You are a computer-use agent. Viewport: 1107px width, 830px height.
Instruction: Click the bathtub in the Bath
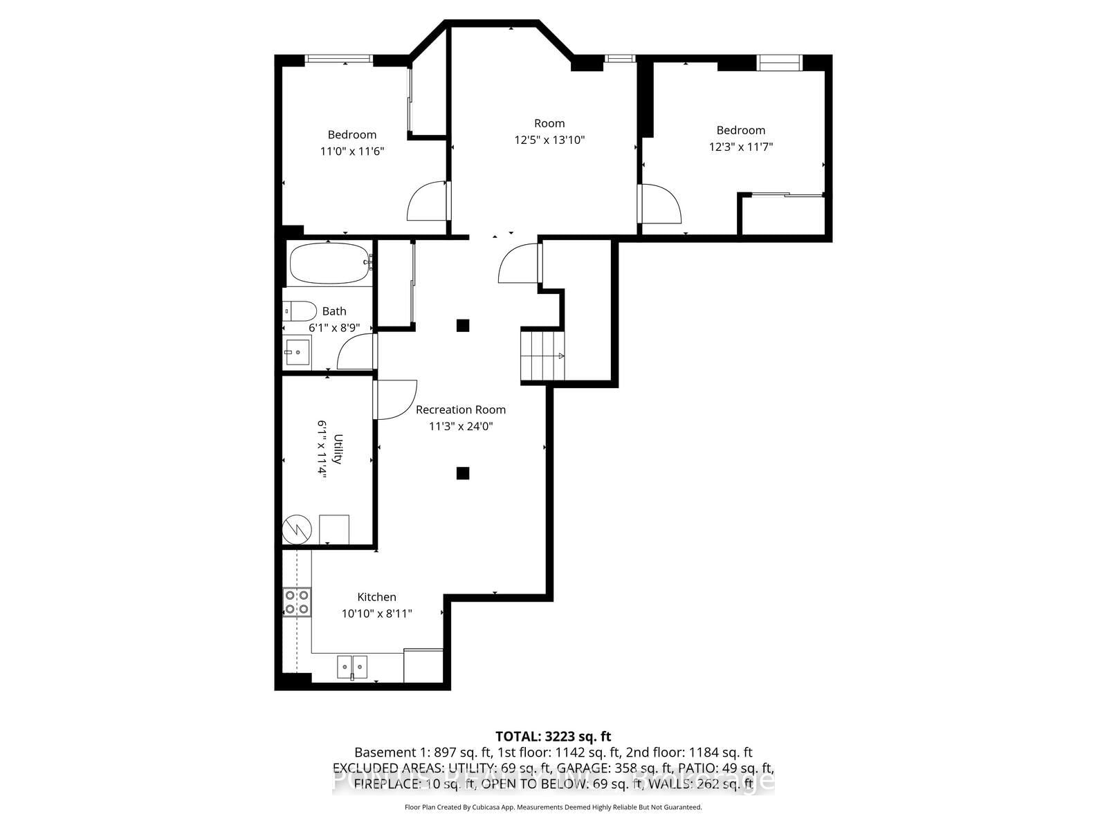tap(329, 264)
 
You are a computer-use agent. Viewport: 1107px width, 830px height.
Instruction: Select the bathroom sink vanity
tap(298, 353)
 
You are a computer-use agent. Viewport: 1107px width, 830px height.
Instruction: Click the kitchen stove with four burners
tap(297, 602)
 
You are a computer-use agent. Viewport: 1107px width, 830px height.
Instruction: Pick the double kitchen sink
tap(353, 667)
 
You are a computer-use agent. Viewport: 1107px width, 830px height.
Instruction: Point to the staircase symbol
tap(542, 356)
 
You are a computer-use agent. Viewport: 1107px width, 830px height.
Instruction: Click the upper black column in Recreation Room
tap(463, 325)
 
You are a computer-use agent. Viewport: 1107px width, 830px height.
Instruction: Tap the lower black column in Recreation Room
tap(463, 473)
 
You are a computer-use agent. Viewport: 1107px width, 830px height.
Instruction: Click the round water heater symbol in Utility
tap(297, 530)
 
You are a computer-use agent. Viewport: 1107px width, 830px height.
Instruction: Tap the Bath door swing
tap(356, 353)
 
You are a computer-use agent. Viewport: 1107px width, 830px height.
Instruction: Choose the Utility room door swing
tap(394, 400)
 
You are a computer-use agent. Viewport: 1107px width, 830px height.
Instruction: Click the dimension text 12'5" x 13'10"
tap(549, 140)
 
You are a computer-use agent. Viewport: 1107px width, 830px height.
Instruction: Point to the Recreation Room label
tap(460, 409)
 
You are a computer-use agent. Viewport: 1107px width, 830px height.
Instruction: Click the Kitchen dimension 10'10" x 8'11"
tap(376, 613)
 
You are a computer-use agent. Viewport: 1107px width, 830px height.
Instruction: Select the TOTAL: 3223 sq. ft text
tap(553, 737)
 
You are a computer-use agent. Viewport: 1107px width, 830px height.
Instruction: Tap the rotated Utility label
tap(338, 448)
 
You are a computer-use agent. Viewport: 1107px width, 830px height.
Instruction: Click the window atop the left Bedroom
tap(339, 59)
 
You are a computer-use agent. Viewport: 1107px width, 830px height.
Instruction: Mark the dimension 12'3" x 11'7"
tap(740, 147)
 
